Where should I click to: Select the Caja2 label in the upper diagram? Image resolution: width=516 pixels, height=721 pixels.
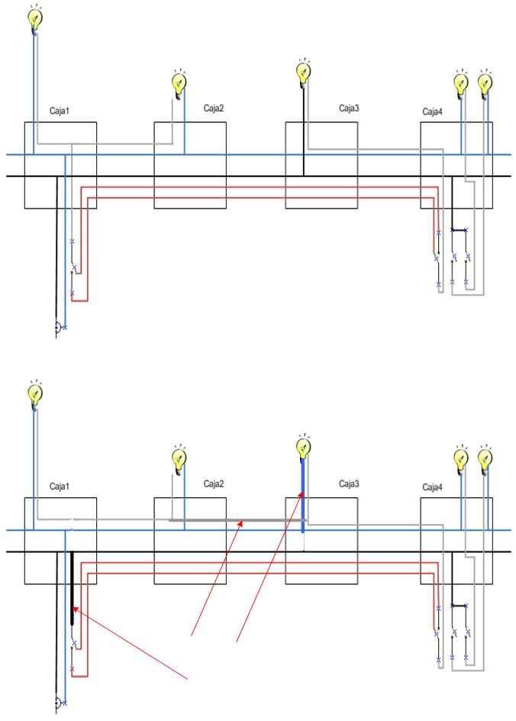214,108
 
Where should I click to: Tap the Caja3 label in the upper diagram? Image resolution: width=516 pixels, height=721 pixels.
349,108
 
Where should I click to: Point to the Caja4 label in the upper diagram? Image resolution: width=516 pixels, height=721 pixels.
433,112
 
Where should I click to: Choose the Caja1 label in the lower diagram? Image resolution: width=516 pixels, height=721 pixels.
60,486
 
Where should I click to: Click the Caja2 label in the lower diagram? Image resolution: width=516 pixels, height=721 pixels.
214,483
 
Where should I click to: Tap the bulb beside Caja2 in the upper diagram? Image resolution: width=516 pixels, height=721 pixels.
179,82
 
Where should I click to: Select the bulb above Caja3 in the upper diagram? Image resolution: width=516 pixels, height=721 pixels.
303,71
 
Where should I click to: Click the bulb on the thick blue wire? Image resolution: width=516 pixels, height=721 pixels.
303,447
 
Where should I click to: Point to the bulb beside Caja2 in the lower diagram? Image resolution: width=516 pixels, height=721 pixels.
179,458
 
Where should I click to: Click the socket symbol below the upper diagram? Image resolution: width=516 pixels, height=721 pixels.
58,328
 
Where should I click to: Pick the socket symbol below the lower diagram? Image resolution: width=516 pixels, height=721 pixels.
58,703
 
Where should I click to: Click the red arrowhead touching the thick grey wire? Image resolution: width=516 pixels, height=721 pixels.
242,525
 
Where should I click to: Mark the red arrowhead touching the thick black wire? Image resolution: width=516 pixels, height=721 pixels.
76,609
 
